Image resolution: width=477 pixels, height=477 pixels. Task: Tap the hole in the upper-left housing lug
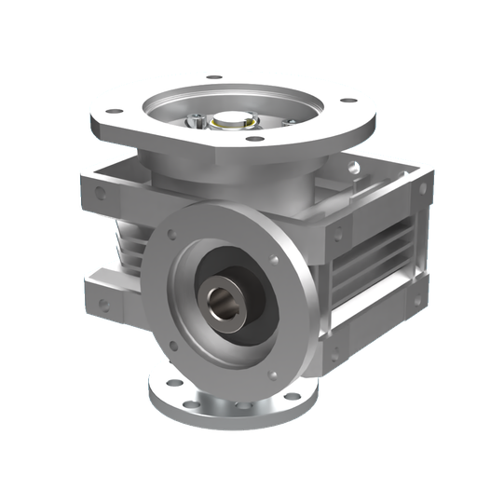point(101,196)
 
